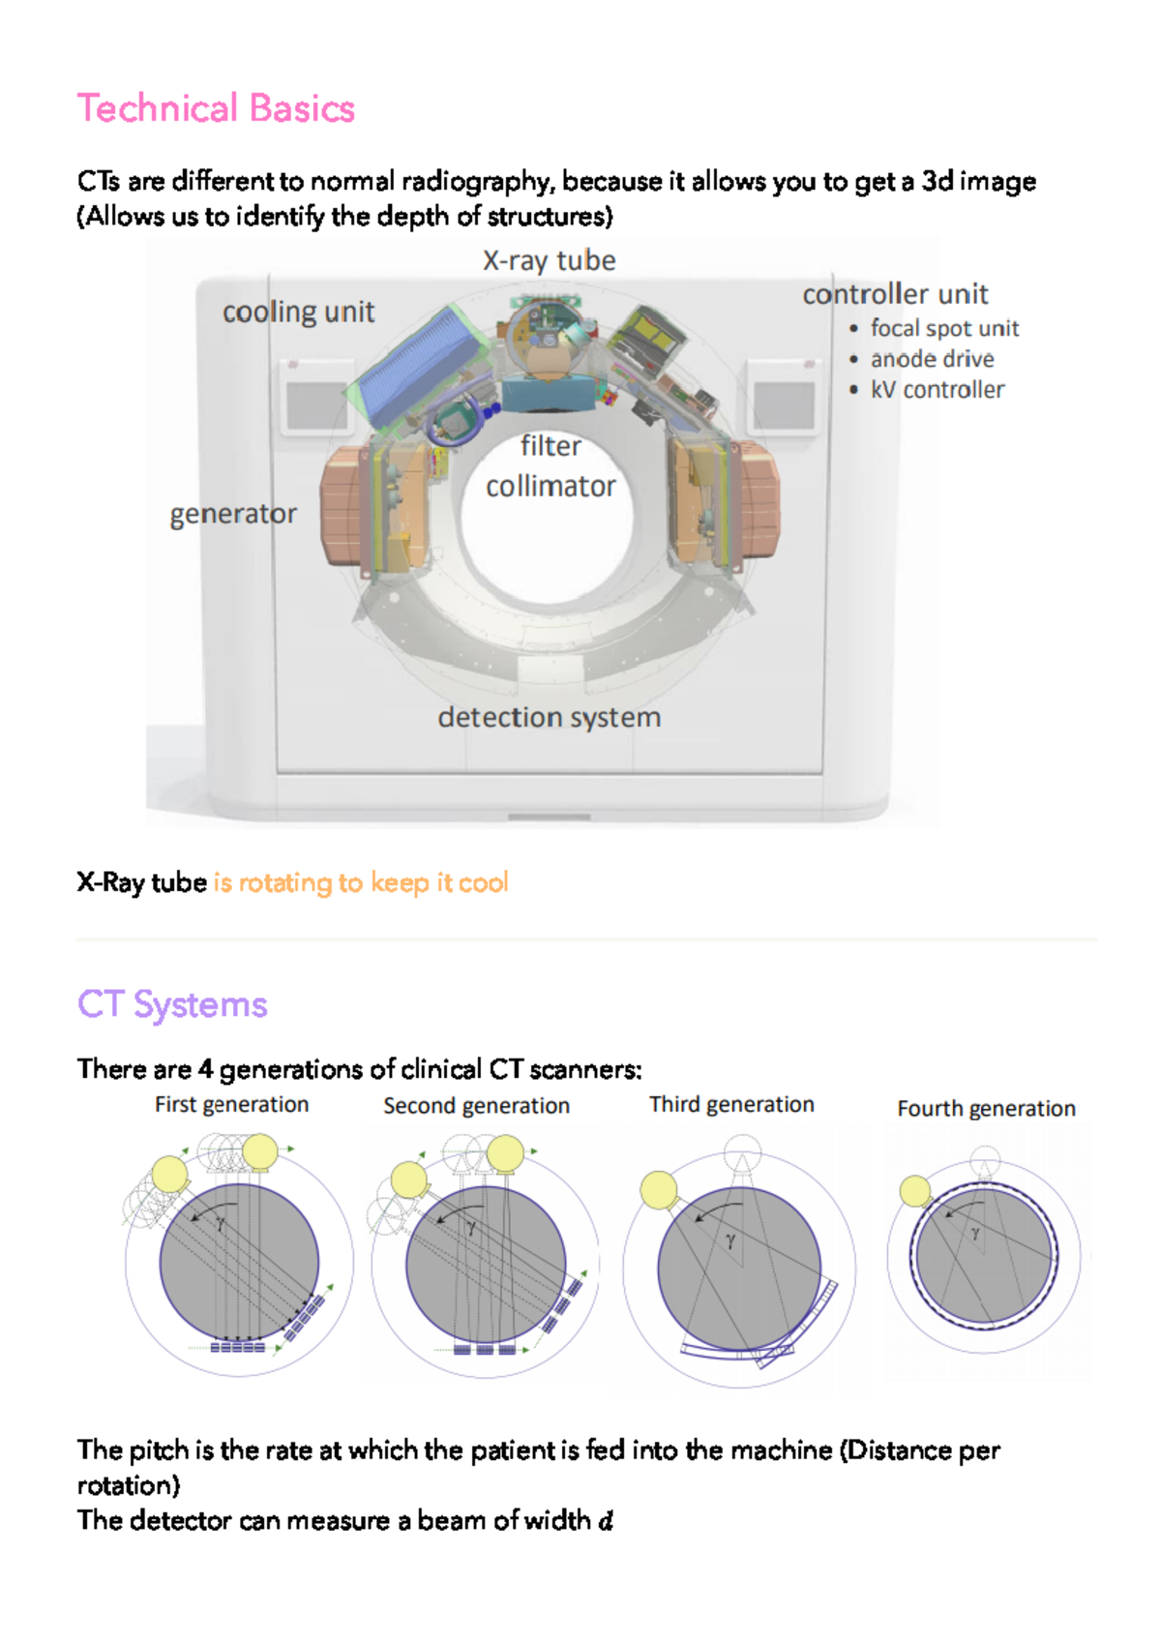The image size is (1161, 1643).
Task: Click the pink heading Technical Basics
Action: tap(216, 108)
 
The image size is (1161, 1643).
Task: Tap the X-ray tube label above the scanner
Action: tap(549, 260)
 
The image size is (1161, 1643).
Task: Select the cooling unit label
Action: tap(298, 312)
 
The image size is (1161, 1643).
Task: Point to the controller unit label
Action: tap(895, 294)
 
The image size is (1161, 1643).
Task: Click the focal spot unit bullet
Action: tap(943, 329)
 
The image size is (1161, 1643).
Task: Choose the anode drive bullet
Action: tap(932, 359)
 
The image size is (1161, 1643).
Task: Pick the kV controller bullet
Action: tap(937, 390)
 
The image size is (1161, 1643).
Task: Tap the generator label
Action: tap(233, 514)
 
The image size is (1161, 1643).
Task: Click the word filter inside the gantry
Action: tap(551, 446)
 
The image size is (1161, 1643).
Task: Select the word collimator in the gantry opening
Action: tap(551, 487)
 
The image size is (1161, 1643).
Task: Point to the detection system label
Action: tap(549, 718)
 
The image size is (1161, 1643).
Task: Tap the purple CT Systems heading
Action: tap(172, 1004)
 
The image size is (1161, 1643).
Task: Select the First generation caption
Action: tap(231, 1105)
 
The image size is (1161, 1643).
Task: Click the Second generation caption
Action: tap(476, 1106)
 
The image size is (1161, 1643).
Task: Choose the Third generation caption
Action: tap(731, 1105)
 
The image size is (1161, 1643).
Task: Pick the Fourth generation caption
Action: tap(986, 1109)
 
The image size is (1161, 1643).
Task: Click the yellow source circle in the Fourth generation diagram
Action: tap(914, 1191)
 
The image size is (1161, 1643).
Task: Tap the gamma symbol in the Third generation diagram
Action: tap(730, 1240)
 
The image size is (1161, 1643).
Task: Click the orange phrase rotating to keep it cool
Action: tap(361, 882)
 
